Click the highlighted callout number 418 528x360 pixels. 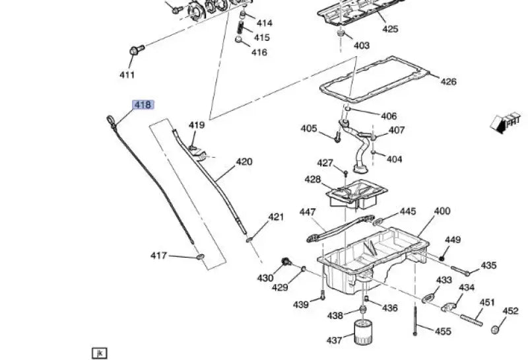click(143, 105)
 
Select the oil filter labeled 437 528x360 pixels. click(363, 332)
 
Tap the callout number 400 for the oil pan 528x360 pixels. click(442, 211)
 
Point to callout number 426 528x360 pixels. click(448, 82)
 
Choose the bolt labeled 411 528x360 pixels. click(137, 49)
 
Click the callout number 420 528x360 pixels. click(244, 161)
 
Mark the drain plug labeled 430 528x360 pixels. click(286, 262)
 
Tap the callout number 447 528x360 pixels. click(308, 212)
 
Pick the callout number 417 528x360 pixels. click(159, 256)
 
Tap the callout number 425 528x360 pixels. click(390, 29)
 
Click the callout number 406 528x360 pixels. click(389, 116)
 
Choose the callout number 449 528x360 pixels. click(453, 240)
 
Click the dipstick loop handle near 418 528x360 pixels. click(110, 120)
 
